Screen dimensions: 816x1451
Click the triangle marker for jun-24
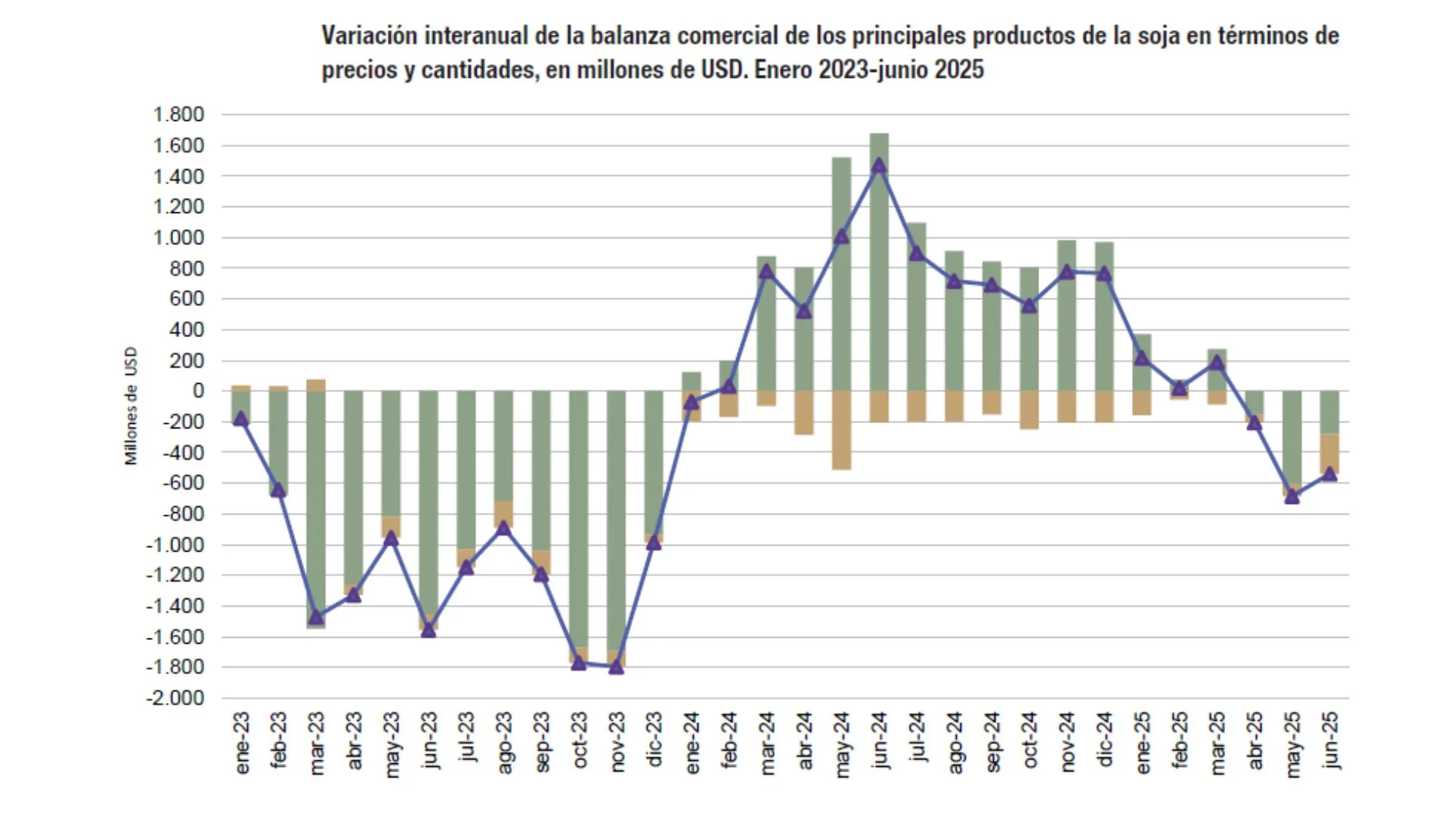pyautogui.click(x=878, y=165)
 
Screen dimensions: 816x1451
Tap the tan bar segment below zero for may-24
pyautogui.click(x=841, y=430)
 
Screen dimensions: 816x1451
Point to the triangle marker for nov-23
pyautogui.click(x=616, y=666)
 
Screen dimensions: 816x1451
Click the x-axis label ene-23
pyautogui.click(x=242, y=743)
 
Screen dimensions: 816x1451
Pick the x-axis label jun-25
pyautogui.click(x=1331, y=740)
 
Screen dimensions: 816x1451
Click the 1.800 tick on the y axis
pyautogui.click(x=178, y=115)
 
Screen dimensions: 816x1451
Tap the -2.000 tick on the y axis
pyautogui.click(x=175, y=698)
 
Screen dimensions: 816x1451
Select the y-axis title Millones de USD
pyautogui.click(x=131, y=406)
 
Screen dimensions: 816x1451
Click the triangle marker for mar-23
pyautogui.click(x=316, y=617)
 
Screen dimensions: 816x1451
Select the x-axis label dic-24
pyautogui.click(x=1104, y=740)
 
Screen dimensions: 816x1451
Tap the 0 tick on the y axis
pyautogui.click(x=198, y=391)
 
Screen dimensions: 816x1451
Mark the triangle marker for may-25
pyautogui.click(x=1292, y=496)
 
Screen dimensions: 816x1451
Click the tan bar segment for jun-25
pyautogui.click(x=1329, y=453)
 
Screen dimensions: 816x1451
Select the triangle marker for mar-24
pyautogui.click(x=766, y=270)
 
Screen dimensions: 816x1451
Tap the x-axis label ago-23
pyautogui.click(x=504, y=743)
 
